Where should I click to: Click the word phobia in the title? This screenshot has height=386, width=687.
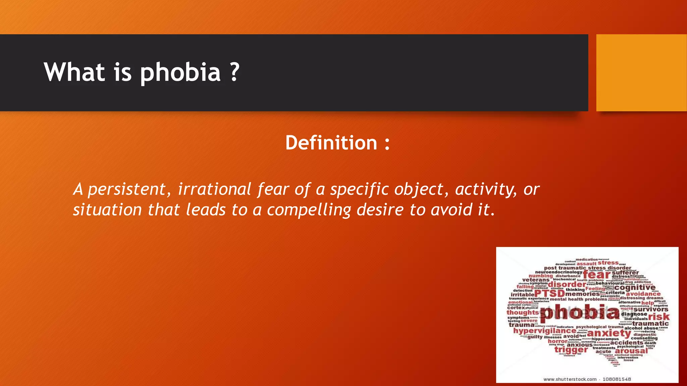pyautogui.click(x=180, y=72)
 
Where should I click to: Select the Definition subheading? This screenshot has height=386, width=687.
pyautogui.click(x=337, y=143)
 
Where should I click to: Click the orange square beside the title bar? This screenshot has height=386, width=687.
pyautogui.click(x=641, y=73)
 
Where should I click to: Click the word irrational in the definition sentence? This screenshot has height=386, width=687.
pyautogui.click(x=214, y=189)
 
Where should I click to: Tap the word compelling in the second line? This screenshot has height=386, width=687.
pyautogui.click(x=309, y=210)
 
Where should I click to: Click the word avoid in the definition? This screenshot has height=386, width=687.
pyautogui.click(x=451, y=210)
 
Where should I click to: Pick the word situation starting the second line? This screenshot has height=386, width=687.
pyautogui.click(x=107, y=210)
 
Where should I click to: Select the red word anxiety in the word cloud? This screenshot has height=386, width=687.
pyautogui.click(x=609, y=333)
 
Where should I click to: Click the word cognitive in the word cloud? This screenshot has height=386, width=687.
pyautogui.click(x=635, y=287)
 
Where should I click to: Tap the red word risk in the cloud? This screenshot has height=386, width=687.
pyautogui.click(x=658, y=317)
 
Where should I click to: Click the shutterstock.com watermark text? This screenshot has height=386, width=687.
pyautogui.click(x=570, y=379)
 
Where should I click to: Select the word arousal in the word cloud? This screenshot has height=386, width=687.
pyautogui.click(x=631, y=351)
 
